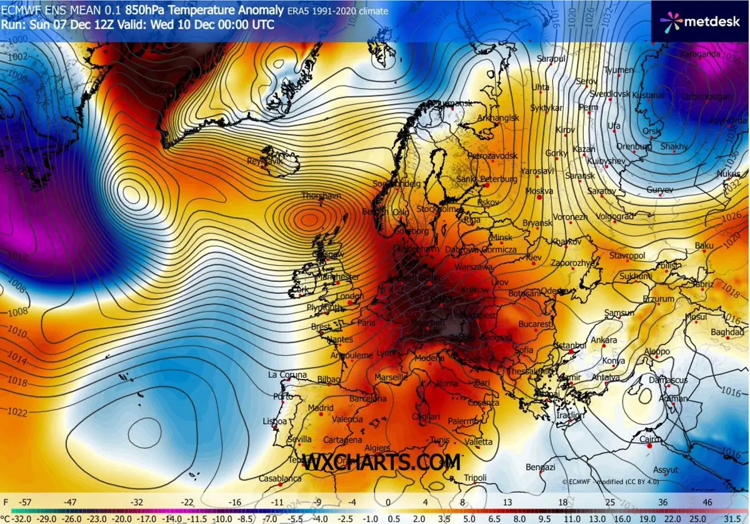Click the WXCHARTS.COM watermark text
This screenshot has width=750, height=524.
(382, 463)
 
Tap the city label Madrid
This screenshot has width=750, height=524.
(321, 409)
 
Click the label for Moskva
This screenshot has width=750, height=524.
(539, 191)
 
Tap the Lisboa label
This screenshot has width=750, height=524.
(275, 421)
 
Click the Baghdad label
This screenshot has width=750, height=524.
(727, 331)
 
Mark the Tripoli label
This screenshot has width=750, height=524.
(475, 478)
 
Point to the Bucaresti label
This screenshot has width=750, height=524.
(536, 325)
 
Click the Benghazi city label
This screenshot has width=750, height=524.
(541, 467)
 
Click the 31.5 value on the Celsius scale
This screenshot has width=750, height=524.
(739, 518)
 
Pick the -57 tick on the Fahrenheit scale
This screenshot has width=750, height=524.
(26, 501)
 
